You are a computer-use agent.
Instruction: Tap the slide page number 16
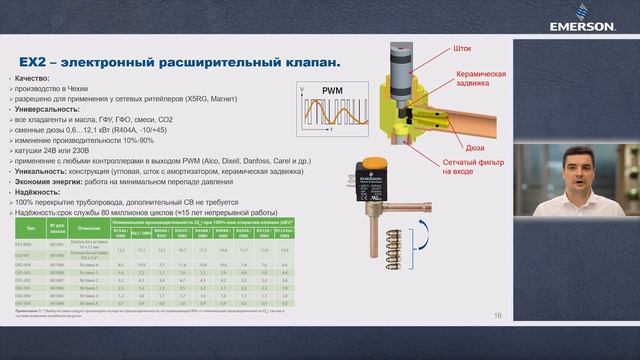[x=497, y=317]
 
